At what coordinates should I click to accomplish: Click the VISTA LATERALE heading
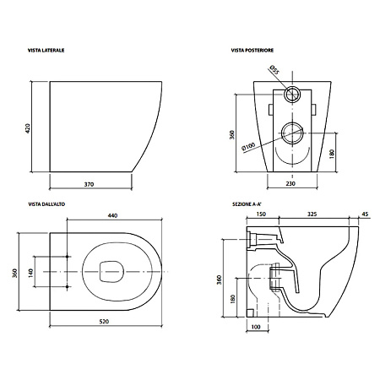pos(46,51)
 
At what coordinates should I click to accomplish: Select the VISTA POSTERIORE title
pos(252,51)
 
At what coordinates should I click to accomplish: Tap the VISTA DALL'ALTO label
pos(46,204)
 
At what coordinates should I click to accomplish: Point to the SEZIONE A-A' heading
pos(247,204)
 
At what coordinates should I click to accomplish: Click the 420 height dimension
pos(27,128)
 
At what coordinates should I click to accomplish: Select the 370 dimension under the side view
pos(89,184)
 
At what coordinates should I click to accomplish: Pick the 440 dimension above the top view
pos(112,215)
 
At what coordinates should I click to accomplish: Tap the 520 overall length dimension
pos(104,322)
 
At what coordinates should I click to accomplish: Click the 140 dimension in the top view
pos(30,273)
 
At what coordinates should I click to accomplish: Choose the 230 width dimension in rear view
pos(290,183)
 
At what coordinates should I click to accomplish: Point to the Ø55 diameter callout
pos(274,69)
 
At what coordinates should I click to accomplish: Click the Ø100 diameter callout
pos(248,146)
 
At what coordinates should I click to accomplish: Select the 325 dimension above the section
pos(312,214)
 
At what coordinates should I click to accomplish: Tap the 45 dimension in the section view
pos(365,214)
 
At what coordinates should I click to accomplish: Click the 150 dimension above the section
pos(261,214)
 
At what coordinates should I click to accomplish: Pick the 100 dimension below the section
pos(256,327)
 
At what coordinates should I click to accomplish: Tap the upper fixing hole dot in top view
pos(67,257)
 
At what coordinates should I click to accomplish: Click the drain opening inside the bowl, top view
pos(111,271)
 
